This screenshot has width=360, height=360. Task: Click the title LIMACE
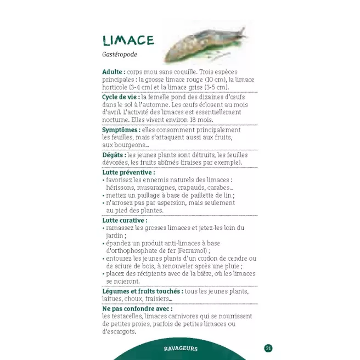coord(128,40)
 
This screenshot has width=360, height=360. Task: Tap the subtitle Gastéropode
coord(120,55)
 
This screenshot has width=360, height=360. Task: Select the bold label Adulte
coord(114,72)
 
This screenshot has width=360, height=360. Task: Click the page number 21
coord(268,348)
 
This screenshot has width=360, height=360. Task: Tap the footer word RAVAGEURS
coord(180,348)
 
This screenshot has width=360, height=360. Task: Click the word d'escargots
coord(119,331)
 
